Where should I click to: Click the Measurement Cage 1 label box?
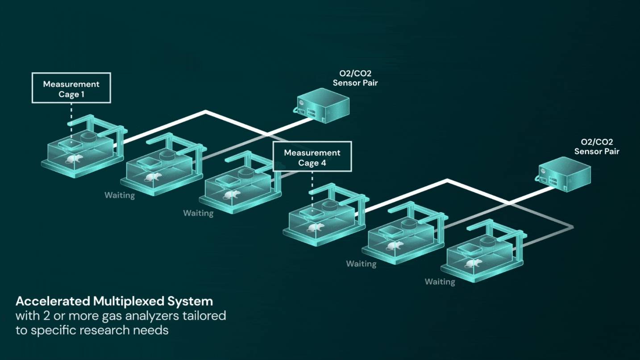(x=71, y=88)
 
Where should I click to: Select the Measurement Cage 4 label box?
(x=312, y=157)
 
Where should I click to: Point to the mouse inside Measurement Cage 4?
(x=315, y=228)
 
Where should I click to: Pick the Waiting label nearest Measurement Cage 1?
(x=120, y=195)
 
